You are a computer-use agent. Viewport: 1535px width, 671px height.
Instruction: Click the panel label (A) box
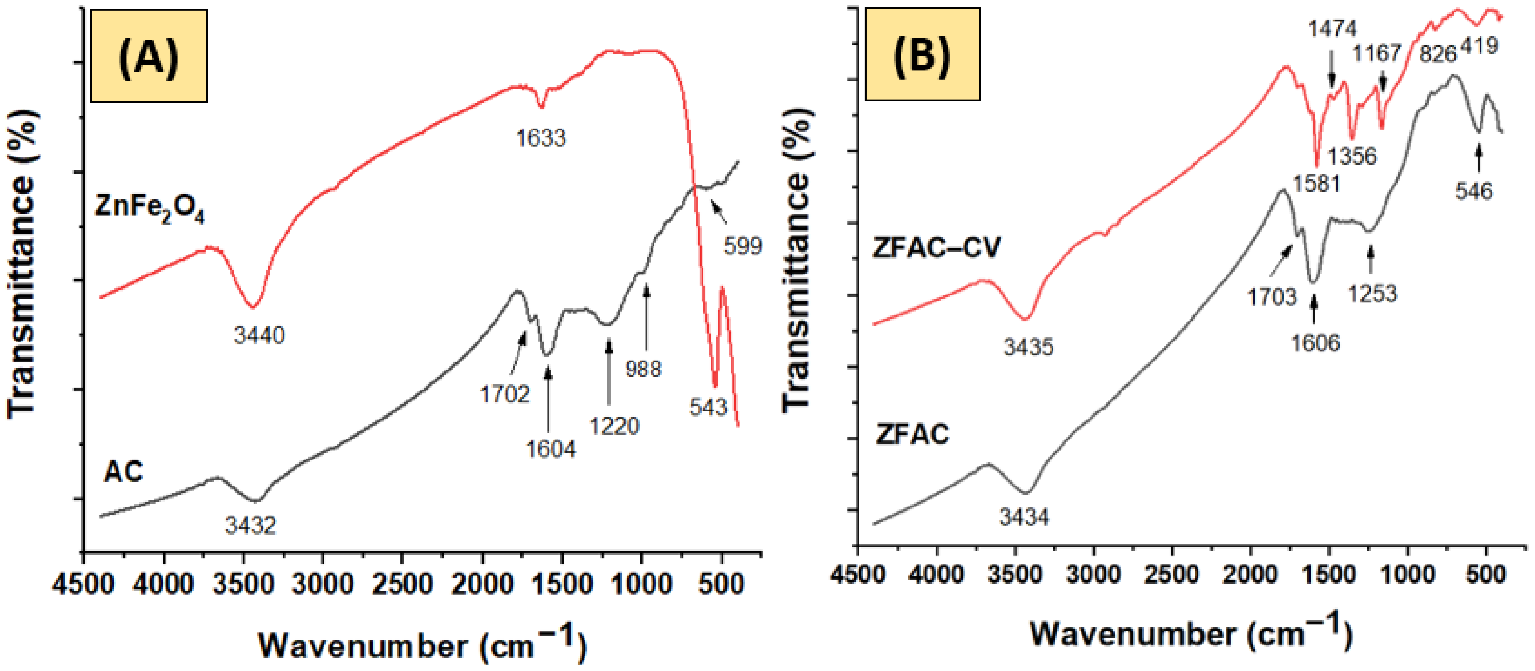pyautogui.click(x=149, y=56)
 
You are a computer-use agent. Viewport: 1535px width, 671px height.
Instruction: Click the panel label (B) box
pyautogui.click(x=922, y=54)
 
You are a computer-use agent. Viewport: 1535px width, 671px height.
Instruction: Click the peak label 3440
pyautogui.click(x=259, y=336)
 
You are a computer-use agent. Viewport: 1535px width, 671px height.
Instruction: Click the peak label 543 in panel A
pyautogui.click(x=708, y=407)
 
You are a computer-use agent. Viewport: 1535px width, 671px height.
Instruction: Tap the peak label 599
pyautogui.click(x=742, y=246)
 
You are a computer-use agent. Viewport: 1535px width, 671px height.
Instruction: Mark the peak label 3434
pyautogui.click(x=1024, y=517)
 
